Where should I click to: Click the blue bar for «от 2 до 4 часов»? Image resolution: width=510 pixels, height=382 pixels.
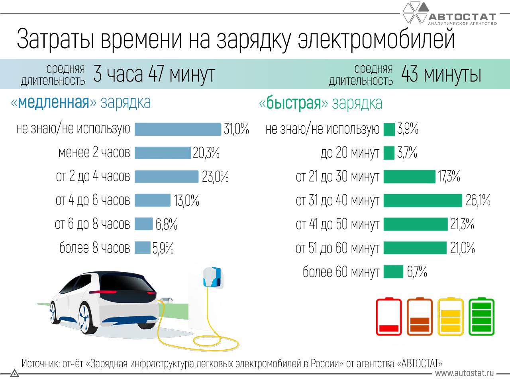[166, 176]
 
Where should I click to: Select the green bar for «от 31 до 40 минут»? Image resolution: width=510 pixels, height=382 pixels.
[422, 200]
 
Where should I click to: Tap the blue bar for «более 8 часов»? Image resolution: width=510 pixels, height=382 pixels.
[142, 248]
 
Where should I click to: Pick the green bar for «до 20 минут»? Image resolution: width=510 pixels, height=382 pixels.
[389, 153]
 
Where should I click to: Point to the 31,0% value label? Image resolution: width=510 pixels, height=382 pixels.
[236, 129]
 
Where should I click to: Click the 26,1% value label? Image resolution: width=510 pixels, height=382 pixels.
[478, 201]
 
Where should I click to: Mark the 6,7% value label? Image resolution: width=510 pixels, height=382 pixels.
[417, 272]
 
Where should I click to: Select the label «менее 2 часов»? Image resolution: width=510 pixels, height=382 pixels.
[94, 153]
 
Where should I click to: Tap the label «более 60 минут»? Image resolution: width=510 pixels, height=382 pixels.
[341, 272]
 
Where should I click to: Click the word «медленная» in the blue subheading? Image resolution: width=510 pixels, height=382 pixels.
[53, 103]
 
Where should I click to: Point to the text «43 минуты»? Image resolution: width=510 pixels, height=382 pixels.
[441, 74]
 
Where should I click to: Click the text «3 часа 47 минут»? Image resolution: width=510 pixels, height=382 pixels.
[154, 74]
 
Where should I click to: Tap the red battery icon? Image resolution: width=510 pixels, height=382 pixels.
[389, 317]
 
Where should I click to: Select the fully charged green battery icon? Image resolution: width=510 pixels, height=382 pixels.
[481, 317]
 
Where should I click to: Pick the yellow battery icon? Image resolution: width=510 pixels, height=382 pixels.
[451, 317]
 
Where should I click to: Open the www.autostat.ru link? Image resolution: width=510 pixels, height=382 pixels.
[464, 373]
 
